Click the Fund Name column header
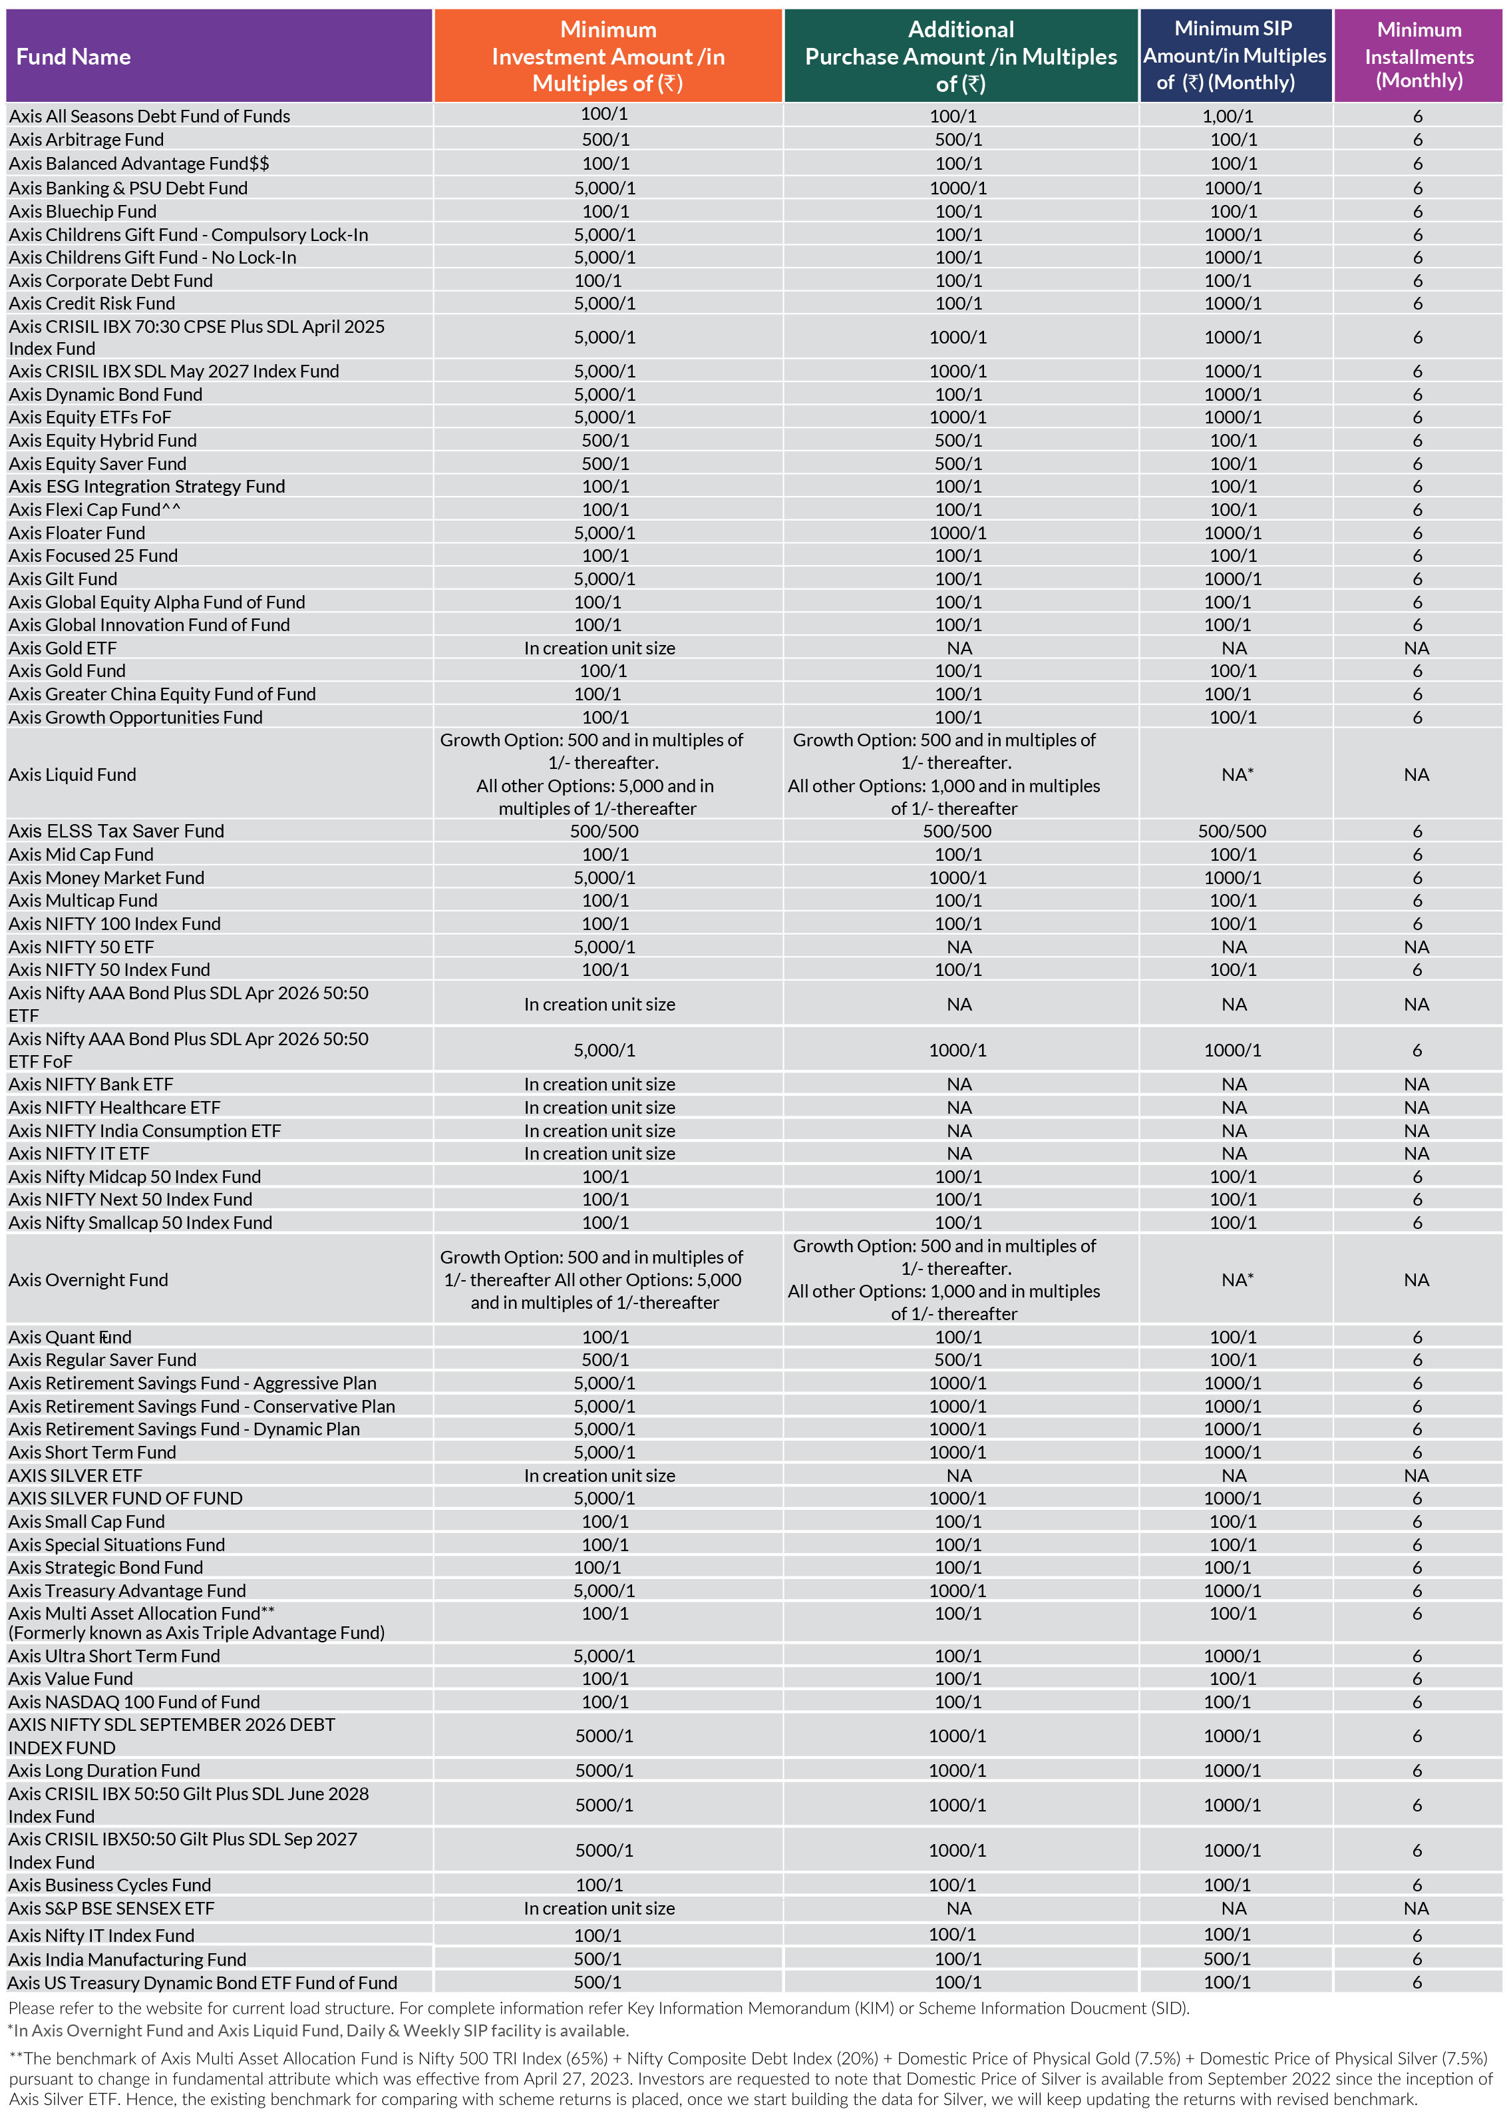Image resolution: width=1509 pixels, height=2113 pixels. click(x=73, y=57)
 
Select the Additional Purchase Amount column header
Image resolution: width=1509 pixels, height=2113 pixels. click(x=960, y=57)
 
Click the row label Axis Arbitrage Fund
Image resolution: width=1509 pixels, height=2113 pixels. click(x=86, y=139)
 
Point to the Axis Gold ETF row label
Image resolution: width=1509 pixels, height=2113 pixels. click(x=63, y=648)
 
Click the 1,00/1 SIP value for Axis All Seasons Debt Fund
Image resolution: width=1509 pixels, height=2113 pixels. click(x=1228, y=117)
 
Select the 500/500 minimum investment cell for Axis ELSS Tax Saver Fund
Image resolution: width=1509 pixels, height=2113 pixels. click(x=604, y=831)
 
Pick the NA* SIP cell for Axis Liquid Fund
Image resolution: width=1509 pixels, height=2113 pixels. click(x=1237, y=774)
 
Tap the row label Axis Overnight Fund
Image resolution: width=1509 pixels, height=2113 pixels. click(x=88, y=1280)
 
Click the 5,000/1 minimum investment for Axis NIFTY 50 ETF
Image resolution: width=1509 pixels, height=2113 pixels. click(x=604, y=947)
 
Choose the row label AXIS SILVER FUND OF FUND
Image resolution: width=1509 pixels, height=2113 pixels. click(x=126, y=1499)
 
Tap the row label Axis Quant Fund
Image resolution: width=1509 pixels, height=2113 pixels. click(x=70, y=1337)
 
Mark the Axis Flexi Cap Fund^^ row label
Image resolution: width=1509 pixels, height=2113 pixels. click(x=94, y=509)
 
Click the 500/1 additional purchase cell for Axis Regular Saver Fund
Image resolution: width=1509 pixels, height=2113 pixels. click(x=958, y=1360)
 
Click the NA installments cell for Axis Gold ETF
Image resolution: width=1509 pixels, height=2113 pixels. click(x=1416, y=648)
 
